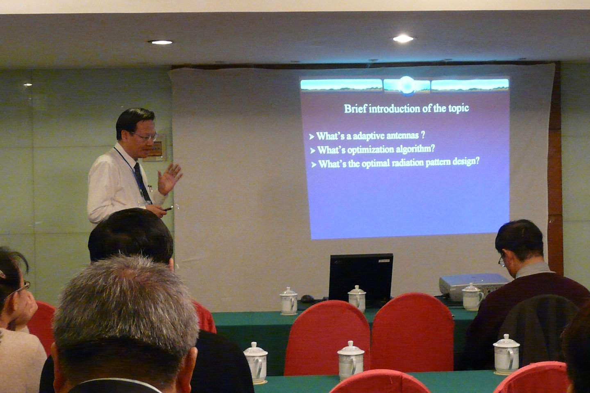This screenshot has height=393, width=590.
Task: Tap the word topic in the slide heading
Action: coord(458,108)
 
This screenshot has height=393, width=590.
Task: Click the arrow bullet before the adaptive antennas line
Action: coord(312,137)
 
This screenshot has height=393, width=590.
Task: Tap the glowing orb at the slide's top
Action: coord(406,85)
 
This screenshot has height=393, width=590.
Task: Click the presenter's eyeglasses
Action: coord(146,137)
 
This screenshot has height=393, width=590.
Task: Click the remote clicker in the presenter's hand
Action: coord(168,209)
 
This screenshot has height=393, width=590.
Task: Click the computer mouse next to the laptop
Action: coord(307,298)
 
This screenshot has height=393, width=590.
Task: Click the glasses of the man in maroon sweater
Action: coord(501,260)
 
